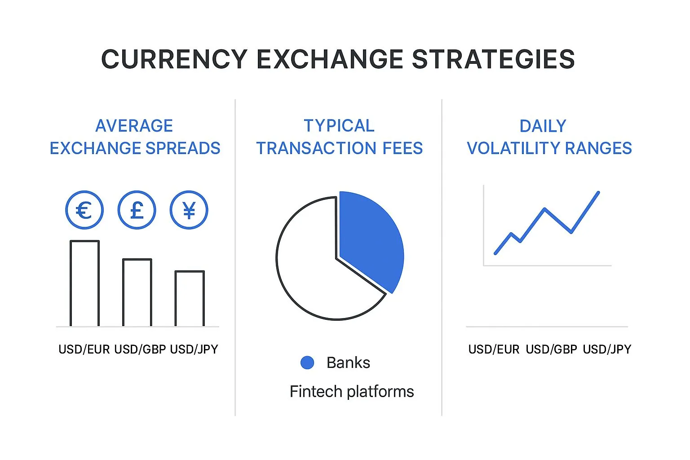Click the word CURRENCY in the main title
point(174,59)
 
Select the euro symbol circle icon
point(84,210)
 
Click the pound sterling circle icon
point(137,210)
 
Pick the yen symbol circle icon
point(189,210)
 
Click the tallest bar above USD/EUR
point(84,283)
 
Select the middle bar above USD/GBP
point(137,292)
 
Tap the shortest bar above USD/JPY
point(190,298)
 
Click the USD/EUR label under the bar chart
point(84,349)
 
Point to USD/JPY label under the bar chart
point(194,349)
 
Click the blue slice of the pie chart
point(373,243)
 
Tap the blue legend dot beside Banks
point(307,363)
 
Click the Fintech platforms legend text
point(352,392)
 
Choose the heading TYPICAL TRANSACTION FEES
point(339,137)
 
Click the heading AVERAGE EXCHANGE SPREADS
point(135,137)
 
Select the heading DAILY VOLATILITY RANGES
point(549,137)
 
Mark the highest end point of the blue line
point(598,193)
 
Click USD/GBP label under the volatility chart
point(551,349)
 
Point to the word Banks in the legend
point(348,363)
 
